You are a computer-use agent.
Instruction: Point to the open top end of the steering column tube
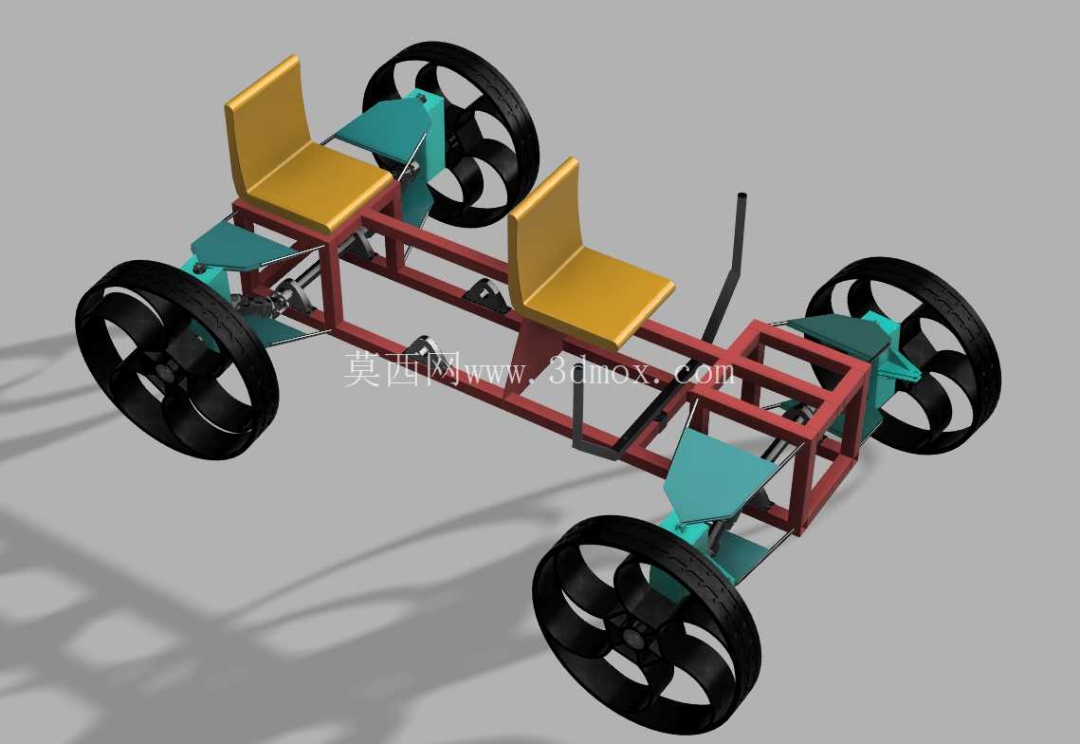(x=742, y=196)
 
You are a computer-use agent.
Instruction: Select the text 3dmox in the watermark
(x=598, y=371)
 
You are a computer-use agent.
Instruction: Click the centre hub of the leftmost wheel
(x=166, y=372)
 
